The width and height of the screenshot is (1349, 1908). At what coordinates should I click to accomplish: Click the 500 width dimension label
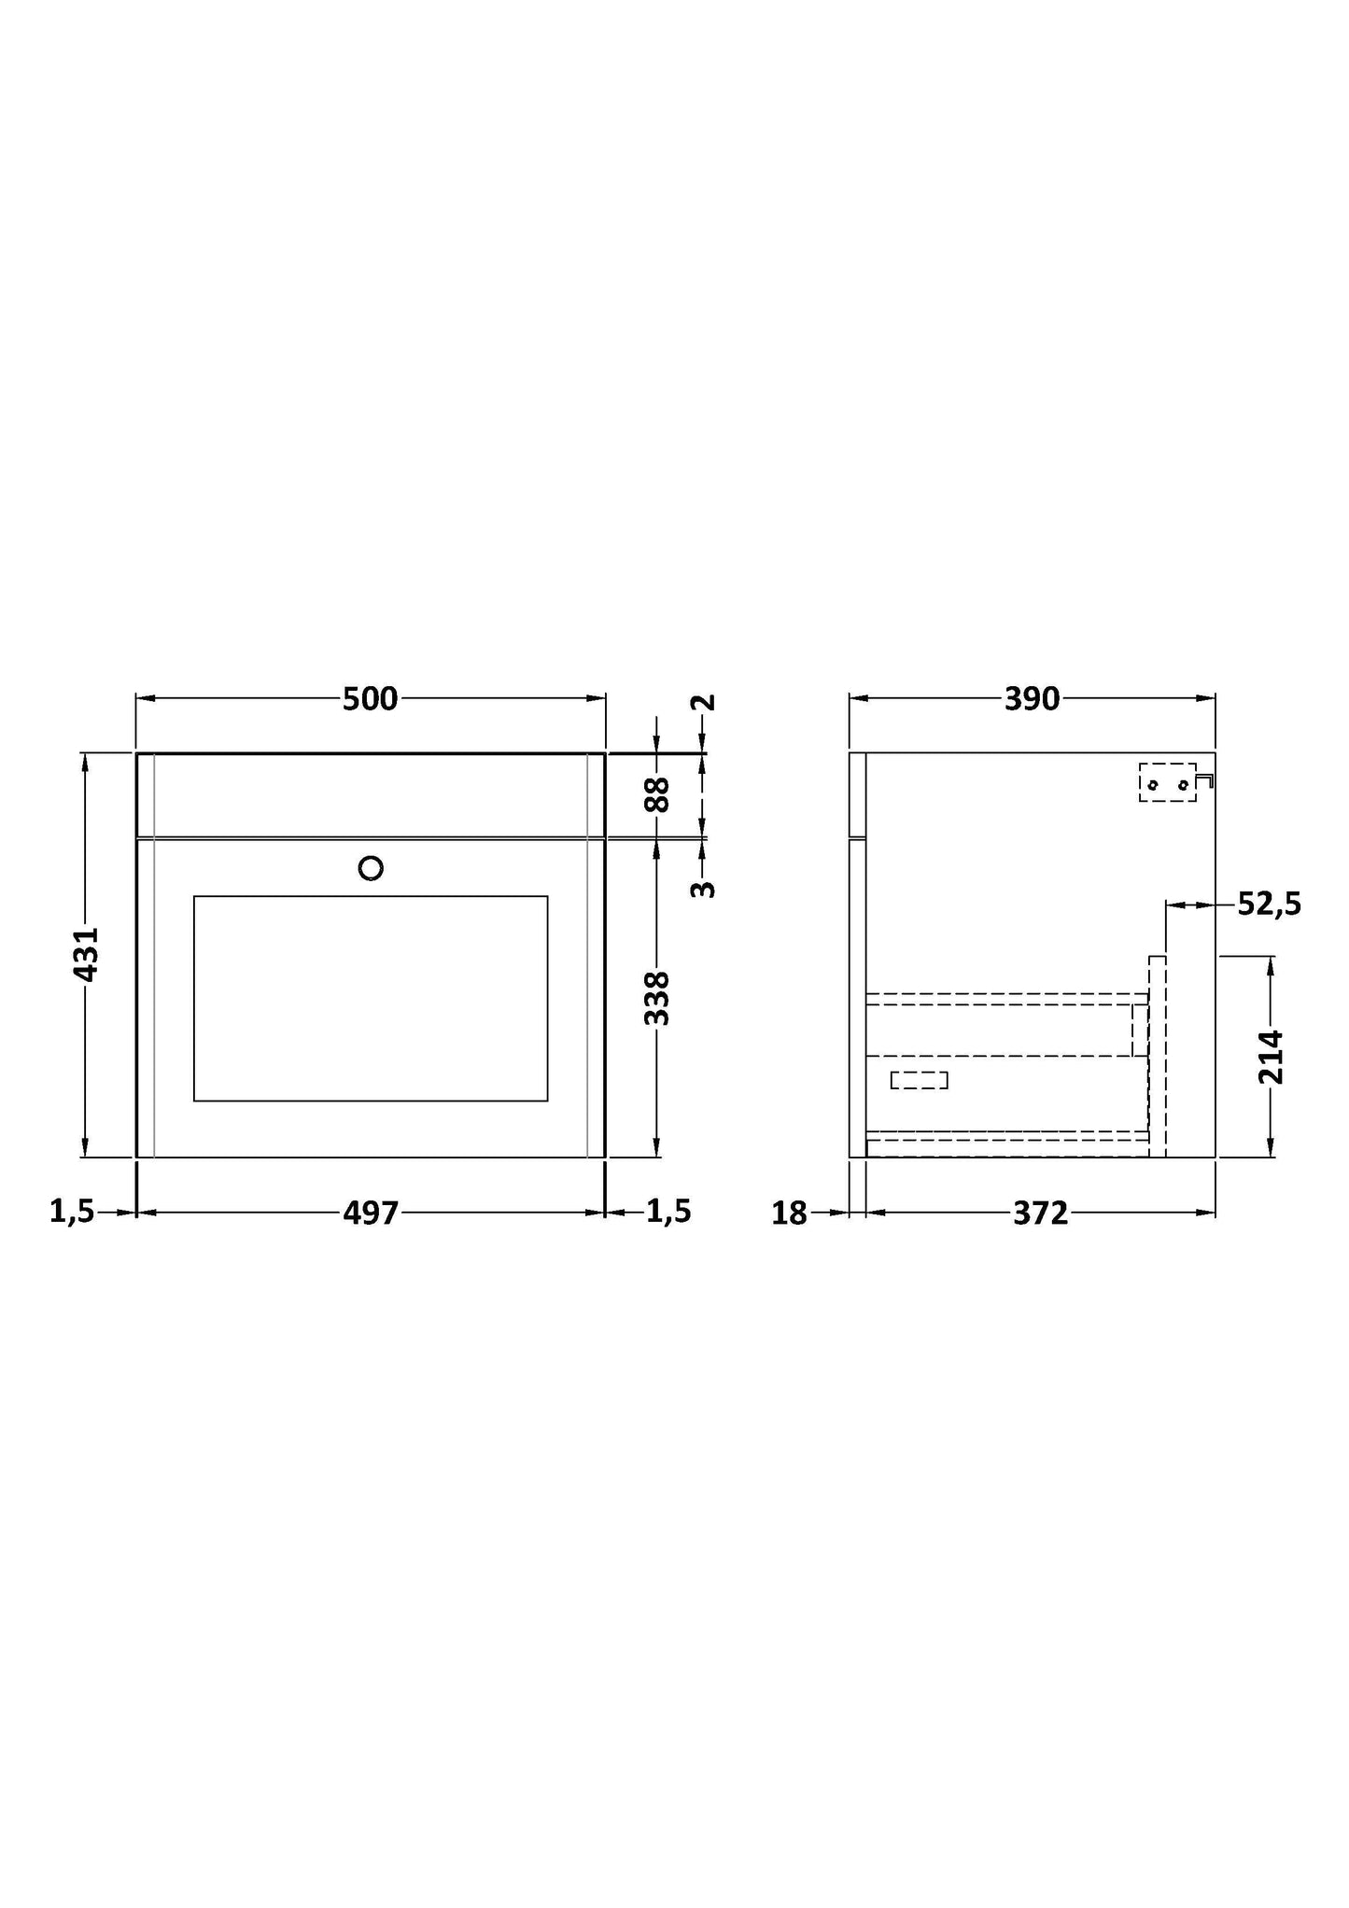tap(371, 698)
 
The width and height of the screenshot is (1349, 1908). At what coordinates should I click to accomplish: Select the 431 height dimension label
tap(85, 954)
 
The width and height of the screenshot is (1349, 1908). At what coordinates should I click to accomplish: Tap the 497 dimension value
tap(371, 1213)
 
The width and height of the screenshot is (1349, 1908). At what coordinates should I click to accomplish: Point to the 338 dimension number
tap(657, 998)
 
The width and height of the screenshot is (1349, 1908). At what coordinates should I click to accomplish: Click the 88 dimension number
tap(657, 794)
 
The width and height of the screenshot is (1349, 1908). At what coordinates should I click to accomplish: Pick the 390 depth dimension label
tap(1032, 698)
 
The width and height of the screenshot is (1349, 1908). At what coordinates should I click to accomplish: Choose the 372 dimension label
tap(1040, 1213)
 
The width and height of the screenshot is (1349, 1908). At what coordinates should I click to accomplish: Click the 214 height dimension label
tap(1272, 1057)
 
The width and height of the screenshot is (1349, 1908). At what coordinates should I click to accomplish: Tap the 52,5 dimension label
tap(1270, 904)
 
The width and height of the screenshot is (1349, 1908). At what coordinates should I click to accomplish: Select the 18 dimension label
tap(789, 1213)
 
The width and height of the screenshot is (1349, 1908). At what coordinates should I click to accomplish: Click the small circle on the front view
tap(371, 868)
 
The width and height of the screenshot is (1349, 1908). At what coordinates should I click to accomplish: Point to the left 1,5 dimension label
tap(72, 1212)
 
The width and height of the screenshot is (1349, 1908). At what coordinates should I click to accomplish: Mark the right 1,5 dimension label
tap(668, 1212)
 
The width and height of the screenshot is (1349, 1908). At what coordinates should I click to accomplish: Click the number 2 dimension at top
tap(706, 702)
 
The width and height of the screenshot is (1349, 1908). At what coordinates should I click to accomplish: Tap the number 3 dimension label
tap(704, 890)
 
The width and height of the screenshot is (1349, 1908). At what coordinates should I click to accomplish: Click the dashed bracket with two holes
tap(1167, 782)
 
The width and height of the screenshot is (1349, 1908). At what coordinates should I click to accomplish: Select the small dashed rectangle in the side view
tap(919, 1080)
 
